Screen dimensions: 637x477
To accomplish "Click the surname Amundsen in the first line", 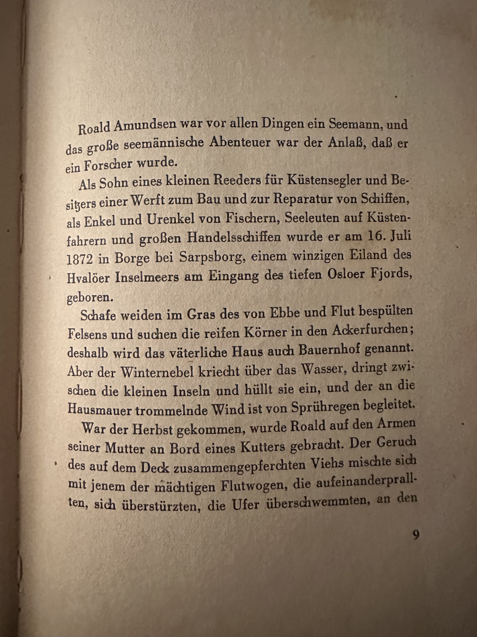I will click(145, 125).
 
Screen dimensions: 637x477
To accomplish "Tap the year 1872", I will click(80, 259).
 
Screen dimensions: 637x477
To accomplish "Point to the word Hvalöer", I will click(88, 278).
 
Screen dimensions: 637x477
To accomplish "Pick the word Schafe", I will click(98, 315).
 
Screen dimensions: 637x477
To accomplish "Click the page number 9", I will click(416, 535).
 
